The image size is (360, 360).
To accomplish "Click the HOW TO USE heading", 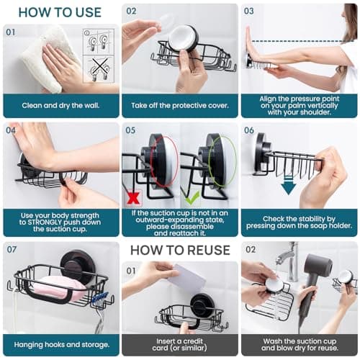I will tap(60, 12).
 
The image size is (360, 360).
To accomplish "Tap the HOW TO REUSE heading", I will tap(179, 251).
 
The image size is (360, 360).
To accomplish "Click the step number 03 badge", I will tap(249, 12).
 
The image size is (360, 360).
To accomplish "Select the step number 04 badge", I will tap(11, 130).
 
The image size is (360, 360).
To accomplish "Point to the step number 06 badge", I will tap(249, 130).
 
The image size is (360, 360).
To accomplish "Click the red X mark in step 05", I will tap(132, 196).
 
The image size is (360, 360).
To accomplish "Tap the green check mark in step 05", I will tap(191, 197).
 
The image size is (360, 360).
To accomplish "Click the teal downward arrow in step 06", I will tap(287, 186).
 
